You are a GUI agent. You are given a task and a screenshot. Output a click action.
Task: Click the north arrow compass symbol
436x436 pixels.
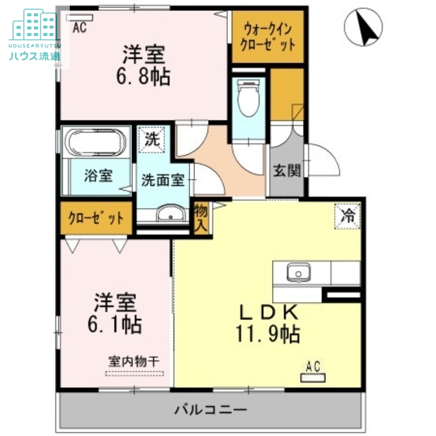pos(363,27)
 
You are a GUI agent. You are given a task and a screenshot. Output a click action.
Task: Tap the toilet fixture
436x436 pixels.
pos(249,98)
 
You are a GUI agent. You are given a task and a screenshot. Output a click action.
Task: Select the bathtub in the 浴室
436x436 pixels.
pos(95,142)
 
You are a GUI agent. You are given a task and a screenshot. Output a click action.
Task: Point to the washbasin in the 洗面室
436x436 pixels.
pos(171,214)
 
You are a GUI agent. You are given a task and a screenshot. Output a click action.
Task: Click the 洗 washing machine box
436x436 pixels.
pos(152,140)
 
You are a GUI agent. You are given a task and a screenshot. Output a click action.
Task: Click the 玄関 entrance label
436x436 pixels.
pos(287,171)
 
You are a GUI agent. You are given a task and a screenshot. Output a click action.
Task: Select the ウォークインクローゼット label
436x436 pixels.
pos(268,37)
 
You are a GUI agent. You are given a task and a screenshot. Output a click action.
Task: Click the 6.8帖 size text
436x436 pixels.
pos(143,77)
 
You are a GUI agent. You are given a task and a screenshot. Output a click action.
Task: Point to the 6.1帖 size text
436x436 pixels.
pos(114,324)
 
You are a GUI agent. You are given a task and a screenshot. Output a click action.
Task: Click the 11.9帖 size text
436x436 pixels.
pos(268,334)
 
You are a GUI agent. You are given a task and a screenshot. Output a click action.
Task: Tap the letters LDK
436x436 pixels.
pos(269,312)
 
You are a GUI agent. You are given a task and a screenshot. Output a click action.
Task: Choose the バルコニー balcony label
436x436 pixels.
pos(211,409)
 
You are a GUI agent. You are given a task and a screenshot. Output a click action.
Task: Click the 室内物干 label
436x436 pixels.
pos(134,362)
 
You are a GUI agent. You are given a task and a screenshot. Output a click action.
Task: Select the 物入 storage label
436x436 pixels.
pos(201,218)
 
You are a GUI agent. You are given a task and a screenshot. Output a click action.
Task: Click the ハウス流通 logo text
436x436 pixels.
pos(34,57)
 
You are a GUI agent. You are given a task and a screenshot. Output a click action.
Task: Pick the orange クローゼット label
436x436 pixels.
pos(96,218)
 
